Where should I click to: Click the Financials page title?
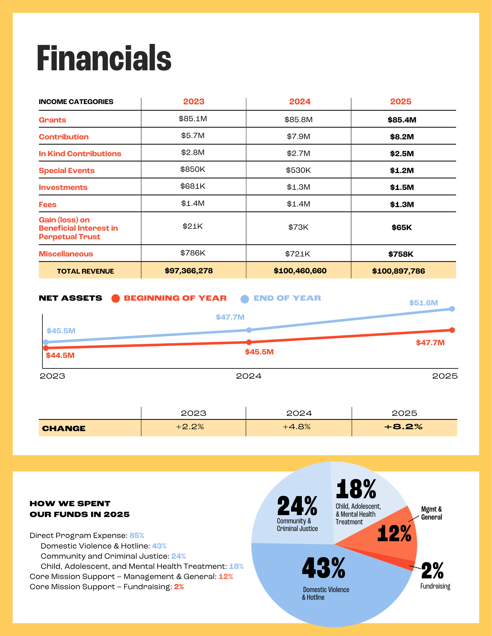(x=104, y=58)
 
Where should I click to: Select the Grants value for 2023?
(x=193, y=119)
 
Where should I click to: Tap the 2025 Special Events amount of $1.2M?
(x=402, y=171)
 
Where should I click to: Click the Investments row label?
(x=63, y=187)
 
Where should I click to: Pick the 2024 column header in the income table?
(x=299, y=102)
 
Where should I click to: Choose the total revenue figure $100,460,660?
(x=300, y=271)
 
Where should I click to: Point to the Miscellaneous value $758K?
(x=401, y=254)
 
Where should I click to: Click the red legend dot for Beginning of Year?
(x=116, y=298)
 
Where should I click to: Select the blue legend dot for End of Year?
(x=245, y=299)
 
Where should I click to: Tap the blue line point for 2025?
(x=452, y=309)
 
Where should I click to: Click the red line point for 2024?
(x=249, y=342)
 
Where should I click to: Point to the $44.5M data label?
(x=60, y=355)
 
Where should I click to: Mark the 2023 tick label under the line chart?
(x=52, y=376)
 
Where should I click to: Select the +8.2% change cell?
(x=403, y=427)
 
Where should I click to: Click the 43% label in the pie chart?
(x=324, y=568)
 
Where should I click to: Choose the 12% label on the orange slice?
(x=394, y=534)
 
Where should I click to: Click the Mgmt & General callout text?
(x=431, y=513)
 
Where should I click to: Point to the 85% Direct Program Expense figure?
(x=137, y=535)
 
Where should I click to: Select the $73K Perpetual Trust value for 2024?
(x=298, y=227)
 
